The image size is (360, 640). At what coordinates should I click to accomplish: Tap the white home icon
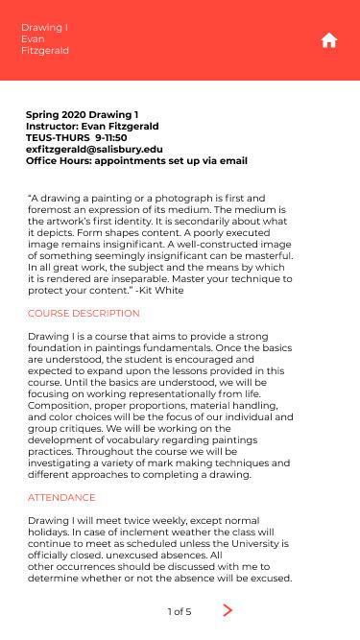pos(329,39)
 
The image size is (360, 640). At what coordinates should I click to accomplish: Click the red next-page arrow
pos(228,610)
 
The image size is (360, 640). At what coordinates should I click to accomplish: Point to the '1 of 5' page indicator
pos(180,611)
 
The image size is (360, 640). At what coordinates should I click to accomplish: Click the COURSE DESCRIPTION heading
pos(84,314)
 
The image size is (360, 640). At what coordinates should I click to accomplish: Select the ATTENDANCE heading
pos(61,498)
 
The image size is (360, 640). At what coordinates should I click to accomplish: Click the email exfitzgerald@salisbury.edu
pos(94,150)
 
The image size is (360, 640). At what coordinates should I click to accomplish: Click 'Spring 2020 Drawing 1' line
pos(82,115)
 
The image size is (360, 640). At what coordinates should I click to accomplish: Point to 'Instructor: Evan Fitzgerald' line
pos(92,127)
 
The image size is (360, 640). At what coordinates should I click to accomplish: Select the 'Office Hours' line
pos(136,161)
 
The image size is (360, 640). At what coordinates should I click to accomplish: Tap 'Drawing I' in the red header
pos(39,28)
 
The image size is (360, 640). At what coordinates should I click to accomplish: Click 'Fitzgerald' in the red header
pos(45,51)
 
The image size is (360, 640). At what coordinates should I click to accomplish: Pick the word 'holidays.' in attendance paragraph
pos(51,532)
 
